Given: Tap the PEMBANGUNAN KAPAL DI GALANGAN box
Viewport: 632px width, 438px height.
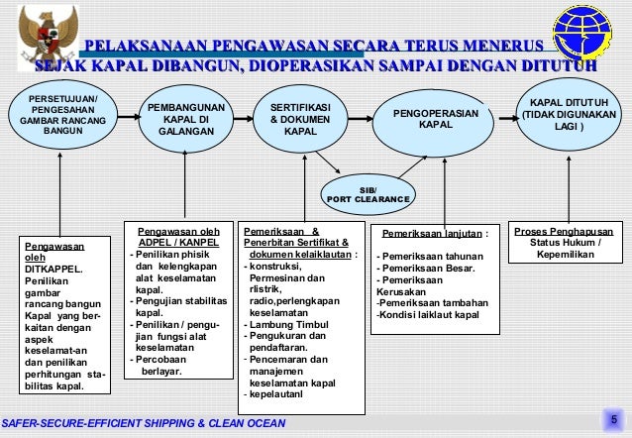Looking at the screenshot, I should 186,118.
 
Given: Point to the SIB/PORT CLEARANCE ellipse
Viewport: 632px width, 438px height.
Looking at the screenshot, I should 368,193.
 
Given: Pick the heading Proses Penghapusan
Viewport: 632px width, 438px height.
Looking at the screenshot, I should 564,232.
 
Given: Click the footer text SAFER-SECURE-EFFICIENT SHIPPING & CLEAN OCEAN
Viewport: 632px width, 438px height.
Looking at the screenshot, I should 144,424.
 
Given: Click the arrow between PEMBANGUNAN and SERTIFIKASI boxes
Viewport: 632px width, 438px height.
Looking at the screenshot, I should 240,117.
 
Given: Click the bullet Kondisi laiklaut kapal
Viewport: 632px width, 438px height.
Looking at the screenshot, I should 429,315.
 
